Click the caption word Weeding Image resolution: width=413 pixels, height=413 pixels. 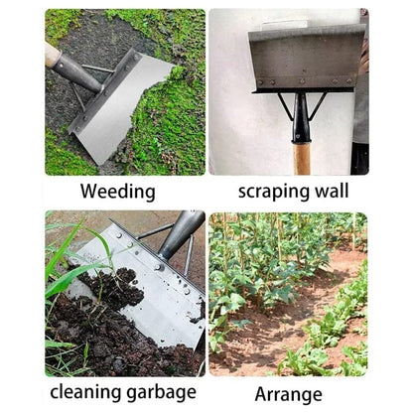(x=117, y=190)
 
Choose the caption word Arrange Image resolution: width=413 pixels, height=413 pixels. (x=288, y=393)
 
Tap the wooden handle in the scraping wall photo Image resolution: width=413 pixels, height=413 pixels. (x=302, y=159)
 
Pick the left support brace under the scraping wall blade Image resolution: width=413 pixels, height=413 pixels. (x=286, y=105)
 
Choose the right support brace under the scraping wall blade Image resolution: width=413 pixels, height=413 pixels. (x=319, y=105)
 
